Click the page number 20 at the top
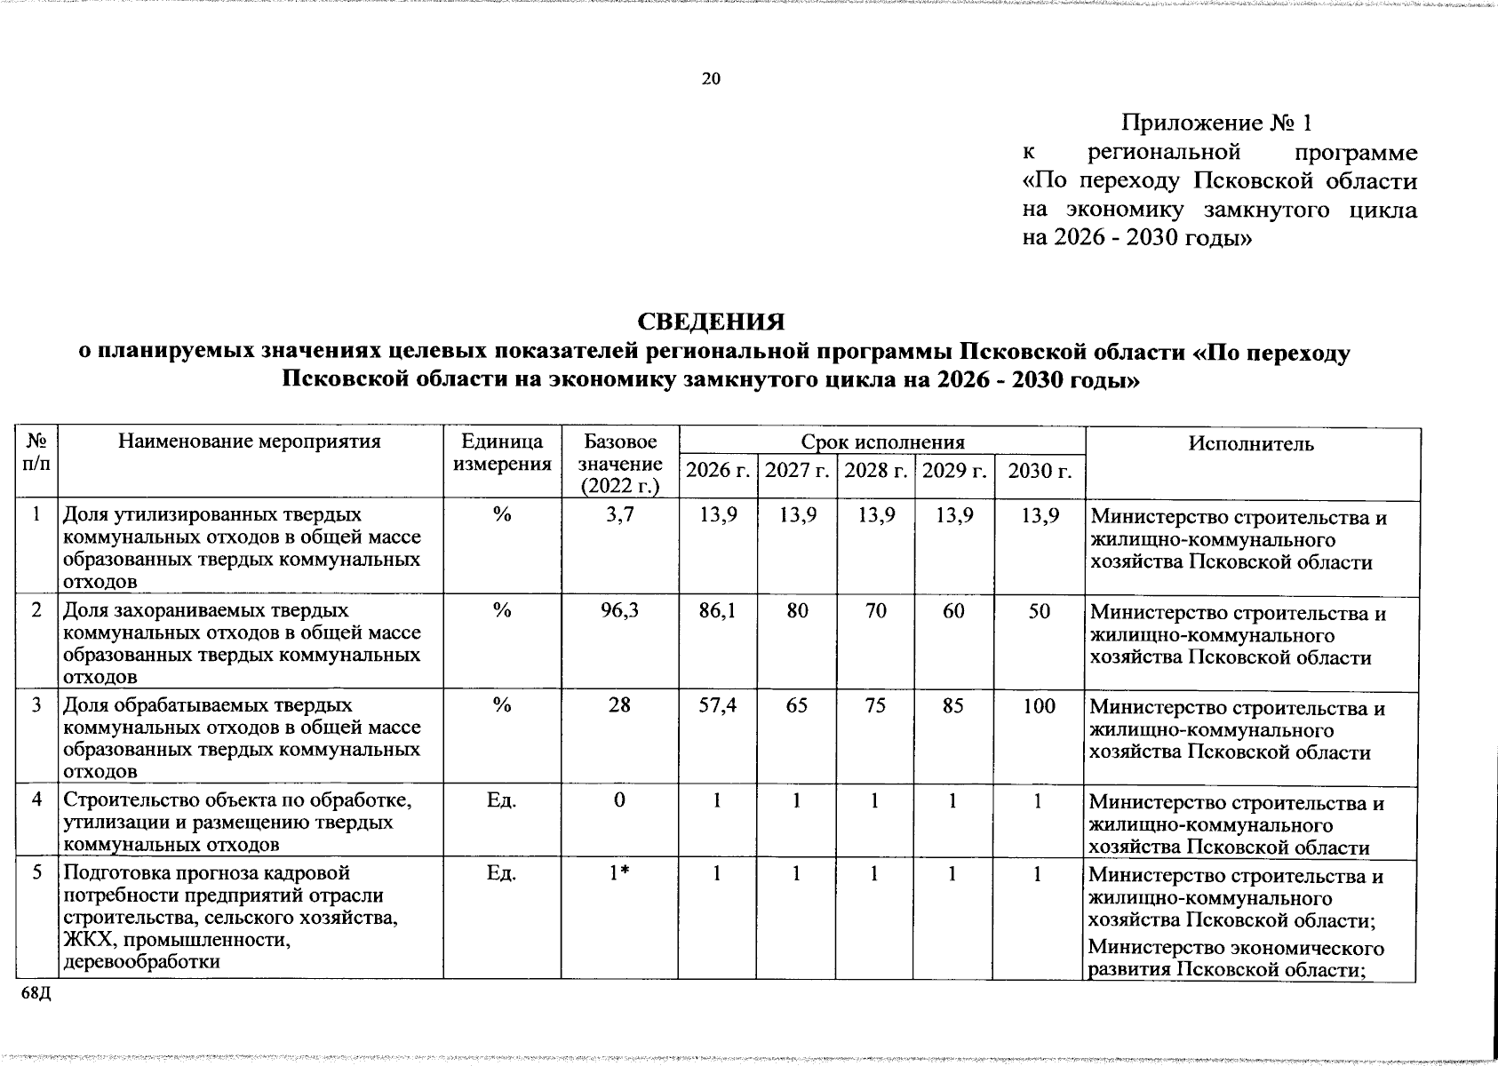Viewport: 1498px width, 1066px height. point(711,79)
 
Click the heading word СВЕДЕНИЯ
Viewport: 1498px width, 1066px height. point(712,321)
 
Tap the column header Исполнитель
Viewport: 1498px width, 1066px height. point(1251,443)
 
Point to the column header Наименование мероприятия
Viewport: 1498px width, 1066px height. point(251,442)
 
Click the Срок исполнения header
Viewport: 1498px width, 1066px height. point(882,442)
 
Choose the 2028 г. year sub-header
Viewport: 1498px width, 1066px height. point(876,470)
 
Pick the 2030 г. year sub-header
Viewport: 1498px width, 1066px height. point(1040,470)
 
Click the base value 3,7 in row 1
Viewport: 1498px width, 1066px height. point(619,514)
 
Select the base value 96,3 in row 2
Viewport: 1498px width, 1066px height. point(619,610)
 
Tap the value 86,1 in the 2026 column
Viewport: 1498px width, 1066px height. point(717,610)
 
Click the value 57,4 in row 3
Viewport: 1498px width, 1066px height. point(717,705)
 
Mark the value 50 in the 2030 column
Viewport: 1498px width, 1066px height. point(1040,610)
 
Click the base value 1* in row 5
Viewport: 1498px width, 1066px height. point(619,873)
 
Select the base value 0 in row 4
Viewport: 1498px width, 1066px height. point(619,799)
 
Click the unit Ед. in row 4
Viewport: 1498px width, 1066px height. point(502,799)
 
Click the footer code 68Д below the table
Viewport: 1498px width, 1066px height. point(36,992)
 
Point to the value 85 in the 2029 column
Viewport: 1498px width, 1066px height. point(953,705)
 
